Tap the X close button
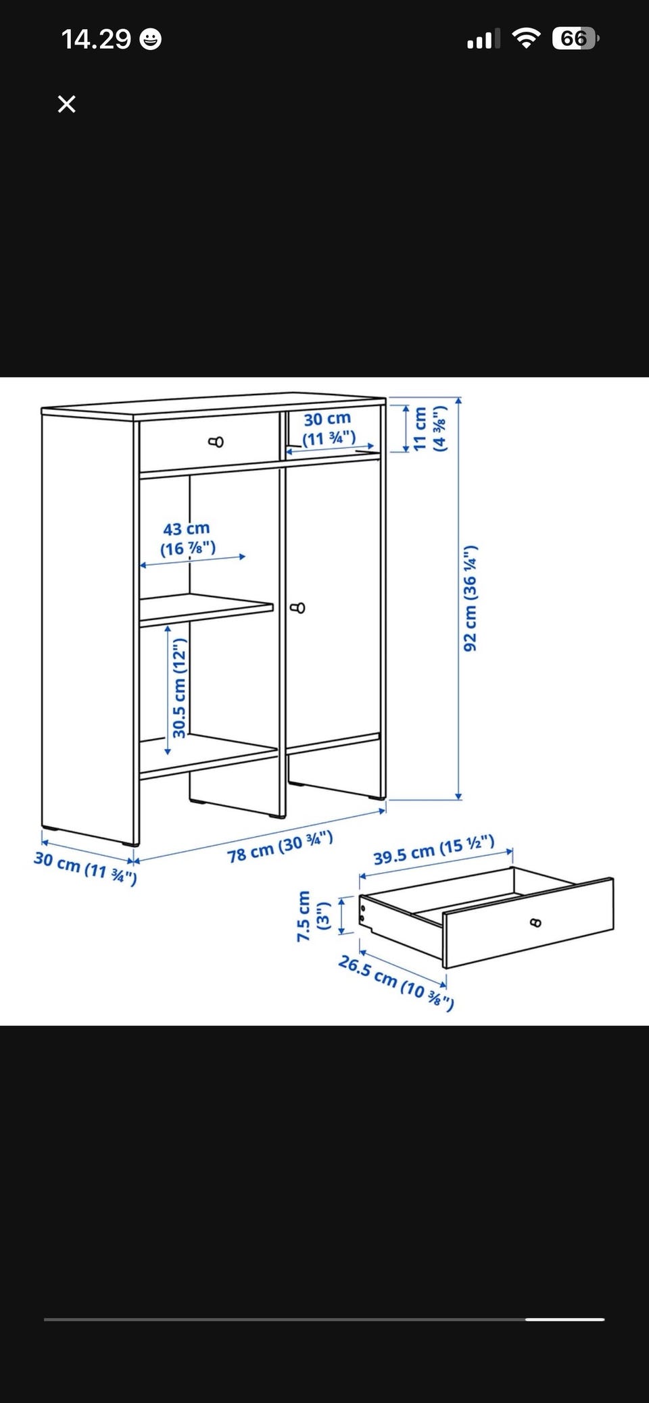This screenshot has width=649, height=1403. (66, 104)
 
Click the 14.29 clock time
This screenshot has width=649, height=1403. (96, 39)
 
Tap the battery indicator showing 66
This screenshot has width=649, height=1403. (575, 39)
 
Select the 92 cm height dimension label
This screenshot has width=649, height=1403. (470, 598)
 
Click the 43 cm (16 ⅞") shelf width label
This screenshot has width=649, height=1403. (187, 538)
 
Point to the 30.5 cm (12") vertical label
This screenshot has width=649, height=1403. (179, 688)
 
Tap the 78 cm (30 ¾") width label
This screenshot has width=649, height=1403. (280, 847)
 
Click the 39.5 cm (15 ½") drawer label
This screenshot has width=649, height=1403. (434, 850)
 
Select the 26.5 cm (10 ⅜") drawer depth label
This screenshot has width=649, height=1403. (396, 981)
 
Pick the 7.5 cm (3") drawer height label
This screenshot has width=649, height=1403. (312, 916)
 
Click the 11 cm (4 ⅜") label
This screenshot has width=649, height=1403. (430, 428)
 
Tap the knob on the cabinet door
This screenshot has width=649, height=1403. (297, 609)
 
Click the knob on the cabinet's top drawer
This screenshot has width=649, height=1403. (216, 442)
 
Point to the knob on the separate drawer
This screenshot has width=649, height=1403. (535, 922)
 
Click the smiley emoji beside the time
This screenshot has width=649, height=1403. (150, 40)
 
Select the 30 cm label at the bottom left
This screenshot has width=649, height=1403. (85, 868)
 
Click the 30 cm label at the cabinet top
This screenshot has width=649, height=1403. (328, 428)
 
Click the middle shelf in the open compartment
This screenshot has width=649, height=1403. (207, 611)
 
